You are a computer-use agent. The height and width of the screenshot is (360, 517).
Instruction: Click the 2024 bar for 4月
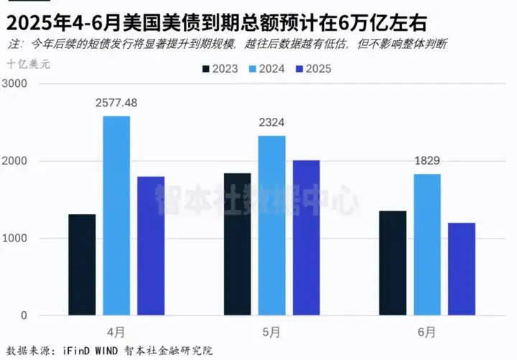[x=116, y=216]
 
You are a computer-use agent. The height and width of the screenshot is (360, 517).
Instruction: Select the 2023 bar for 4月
[x=82, y=264]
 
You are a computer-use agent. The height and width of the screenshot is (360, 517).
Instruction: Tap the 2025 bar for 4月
[x=151, y=246]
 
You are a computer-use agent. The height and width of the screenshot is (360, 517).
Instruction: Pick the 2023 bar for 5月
[x=238, y=244]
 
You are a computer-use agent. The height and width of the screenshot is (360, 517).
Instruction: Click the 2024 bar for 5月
[x=272, y=226]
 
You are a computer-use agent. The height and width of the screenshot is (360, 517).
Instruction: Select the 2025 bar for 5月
[x=307, y=238]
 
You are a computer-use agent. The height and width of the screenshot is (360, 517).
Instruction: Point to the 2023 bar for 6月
[x=393, y=263]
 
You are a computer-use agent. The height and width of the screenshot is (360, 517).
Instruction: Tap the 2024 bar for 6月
[x=427, y=244]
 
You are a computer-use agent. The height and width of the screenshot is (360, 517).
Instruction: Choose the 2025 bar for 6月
[x=462, y=269]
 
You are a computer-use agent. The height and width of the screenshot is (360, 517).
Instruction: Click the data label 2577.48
[x=116, y=103]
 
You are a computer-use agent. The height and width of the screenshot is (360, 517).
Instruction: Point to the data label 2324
[x=272, y=123]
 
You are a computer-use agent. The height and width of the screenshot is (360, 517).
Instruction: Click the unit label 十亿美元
[x=28, y=64]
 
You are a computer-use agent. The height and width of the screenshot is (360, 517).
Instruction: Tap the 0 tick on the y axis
[x=24, y=315]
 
